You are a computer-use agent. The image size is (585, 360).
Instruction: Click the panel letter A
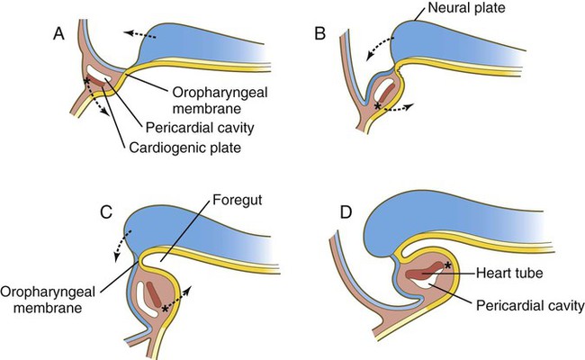click(x=58, y=34)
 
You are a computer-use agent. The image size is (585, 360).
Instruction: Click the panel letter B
click(x=320, y=34)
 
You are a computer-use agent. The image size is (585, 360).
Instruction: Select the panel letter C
click(x=106, y=212)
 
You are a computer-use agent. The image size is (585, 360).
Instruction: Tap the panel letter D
click(x=346, y=212)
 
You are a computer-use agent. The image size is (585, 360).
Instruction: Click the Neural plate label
click(x=466, y=7)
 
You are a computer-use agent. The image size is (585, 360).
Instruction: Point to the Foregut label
click(x=238, y=200)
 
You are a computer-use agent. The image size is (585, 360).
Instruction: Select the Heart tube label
click(x=509, y=273)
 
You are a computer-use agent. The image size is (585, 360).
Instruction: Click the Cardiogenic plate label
click(x=185, y=148)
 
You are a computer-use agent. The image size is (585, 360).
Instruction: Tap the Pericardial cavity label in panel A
click(x=200, y=128)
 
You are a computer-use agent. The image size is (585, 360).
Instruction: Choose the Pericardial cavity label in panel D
click(x=530, y=305)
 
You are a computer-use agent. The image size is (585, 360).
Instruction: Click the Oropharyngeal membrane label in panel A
click(x=220, y=101)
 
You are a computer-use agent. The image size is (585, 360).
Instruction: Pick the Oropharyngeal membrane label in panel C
click(x=48, y=300)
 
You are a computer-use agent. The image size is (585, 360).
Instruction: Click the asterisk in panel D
click(x=447, y=266)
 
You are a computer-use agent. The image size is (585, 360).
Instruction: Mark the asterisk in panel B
click(x=378, y=107)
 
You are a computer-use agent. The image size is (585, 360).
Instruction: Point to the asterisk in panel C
click(x=165, y=309)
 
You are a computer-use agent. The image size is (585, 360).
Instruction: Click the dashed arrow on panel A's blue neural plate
click(x=139, y=35)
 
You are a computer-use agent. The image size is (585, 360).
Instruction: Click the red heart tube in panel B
click(x=389, y=92)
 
